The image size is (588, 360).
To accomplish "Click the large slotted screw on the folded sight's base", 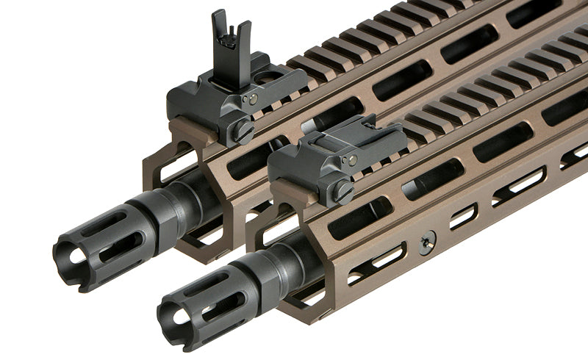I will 343,192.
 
